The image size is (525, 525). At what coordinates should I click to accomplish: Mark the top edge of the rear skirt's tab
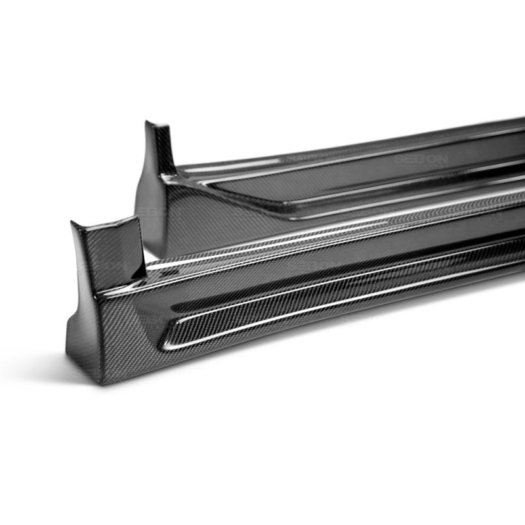pos(157,123)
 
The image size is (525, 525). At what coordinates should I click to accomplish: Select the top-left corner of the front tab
pos(72,223)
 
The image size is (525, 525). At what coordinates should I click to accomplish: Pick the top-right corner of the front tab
pos(136,217)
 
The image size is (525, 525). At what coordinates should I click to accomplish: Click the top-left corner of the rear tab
pos(146,121)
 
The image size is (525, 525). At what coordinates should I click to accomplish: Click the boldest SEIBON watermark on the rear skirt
pos(420,159)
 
